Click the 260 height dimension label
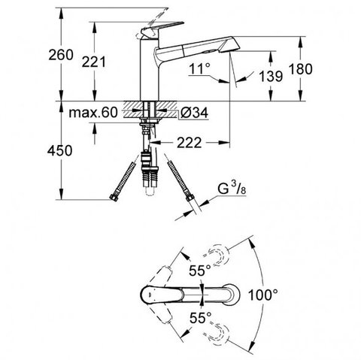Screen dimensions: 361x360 61,55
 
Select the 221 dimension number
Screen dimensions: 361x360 94,62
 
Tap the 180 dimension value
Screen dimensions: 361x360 301,69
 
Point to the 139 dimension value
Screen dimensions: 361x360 271,76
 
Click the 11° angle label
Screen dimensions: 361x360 199,68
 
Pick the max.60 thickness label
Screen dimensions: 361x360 93,113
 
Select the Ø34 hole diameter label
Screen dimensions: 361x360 195,113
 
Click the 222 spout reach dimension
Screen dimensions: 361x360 190,143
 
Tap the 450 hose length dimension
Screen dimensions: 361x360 59,151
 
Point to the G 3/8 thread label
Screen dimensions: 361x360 232,188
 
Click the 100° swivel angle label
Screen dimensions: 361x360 263,295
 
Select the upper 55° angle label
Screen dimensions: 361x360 200,271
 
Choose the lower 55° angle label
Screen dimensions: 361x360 200,318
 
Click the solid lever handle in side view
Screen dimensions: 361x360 162,29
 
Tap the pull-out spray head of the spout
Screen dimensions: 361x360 211,46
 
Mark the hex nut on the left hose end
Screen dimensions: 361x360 114,198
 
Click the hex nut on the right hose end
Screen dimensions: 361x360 190,198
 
